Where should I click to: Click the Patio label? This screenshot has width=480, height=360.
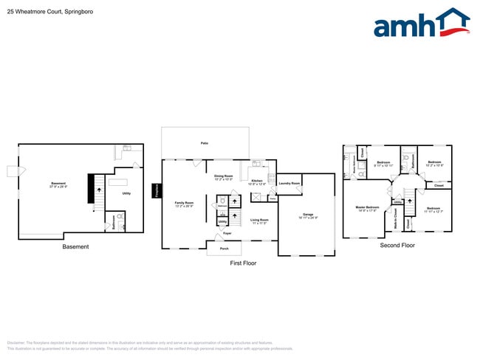pos(204,143)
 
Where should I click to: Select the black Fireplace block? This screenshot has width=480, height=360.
pos(157,191)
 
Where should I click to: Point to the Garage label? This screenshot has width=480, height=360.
pos(307,215)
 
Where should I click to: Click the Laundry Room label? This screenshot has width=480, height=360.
pos(289,183)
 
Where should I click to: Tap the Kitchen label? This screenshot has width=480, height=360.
pos(256,181)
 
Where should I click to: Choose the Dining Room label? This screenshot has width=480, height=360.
pos(223,176)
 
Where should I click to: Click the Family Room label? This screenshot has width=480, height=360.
pos(184,203)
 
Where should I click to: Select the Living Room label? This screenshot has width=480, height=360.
pos(258,220)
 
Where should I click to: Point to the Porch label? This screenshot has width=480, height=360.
pos(223,249)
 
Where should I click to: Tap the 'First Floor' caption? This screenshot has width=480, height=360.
pos(243,263)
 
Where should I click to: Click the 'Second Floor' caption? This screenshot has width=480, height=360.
pos(397,245)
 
